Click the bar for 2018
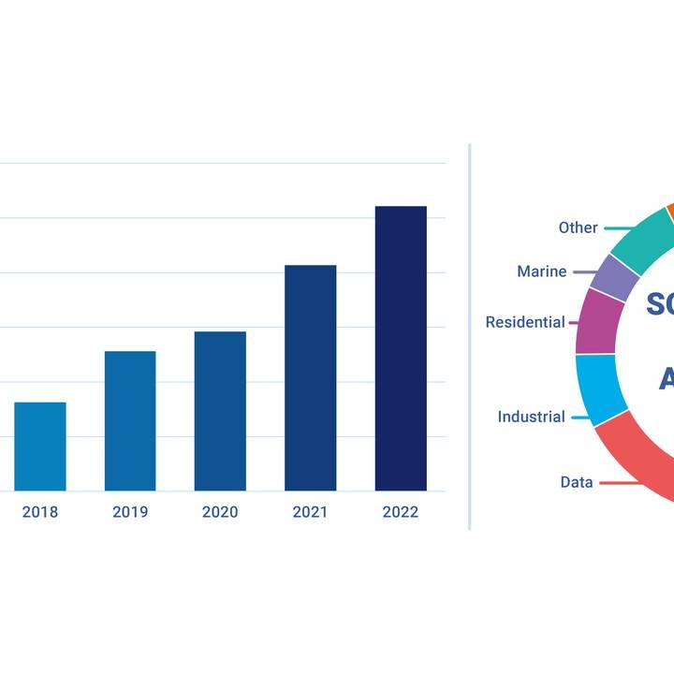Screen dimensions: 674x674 40,447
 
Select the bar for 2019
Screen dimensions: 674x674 130,421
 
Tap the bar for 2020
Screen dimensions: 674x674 220,411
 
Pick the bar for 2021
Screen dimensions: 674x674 310,378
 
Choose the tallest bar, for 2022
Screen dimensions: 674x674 401,348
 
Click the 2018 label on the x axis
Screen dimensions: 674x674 40,512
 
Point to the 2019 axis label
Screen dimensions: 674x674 130,512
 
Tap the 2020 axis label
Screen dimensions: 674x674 220,512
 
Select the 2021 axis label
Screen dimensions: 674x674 310,512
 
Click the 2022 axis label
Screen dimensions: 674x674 401,512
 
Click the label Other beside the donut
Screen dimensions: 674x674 578,227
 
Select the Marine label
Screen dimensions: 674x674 541,271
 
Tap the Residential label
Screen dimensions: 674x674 525,322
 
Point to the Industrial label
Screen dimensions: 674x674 531,417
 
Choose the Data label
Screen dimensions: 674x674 577,482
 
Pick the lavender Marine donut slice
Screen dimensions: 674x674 614,277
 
